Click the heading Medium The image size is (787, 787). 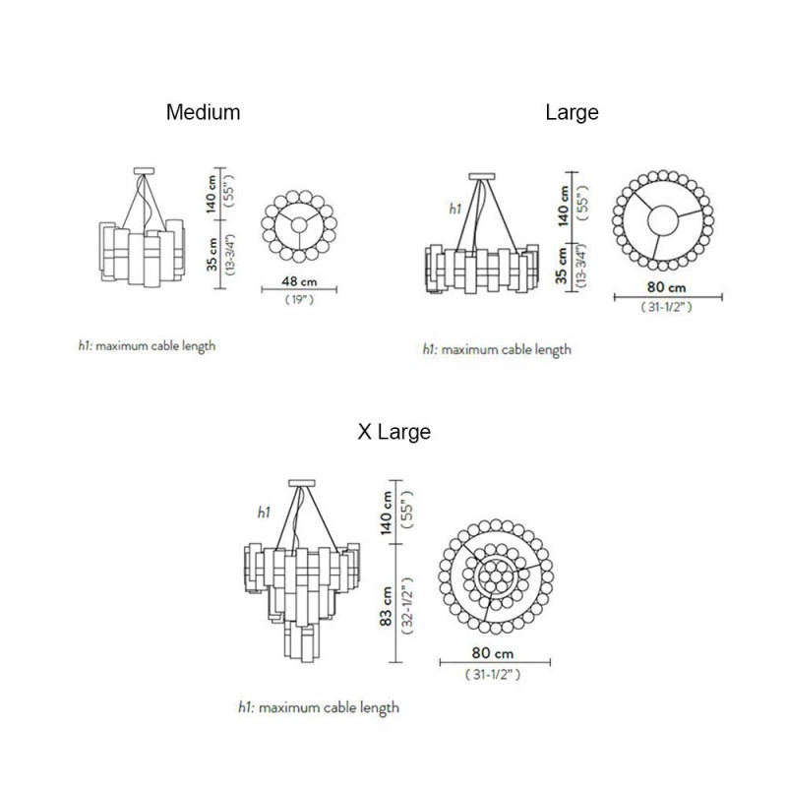[x=203, y=112]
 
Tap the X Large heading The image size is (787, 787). [x=393, y=432]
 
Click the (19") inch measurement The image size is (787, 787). [x=299, y=298]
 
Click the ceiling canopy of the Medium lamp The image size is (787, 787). [x=145, y=168]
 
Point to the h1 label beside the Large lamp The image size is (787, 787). [x=454, y=209]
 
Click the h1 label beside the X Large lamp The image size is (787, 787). [x=264, y=513]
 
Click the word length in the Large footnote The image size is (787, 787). [x=549, y=349]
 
